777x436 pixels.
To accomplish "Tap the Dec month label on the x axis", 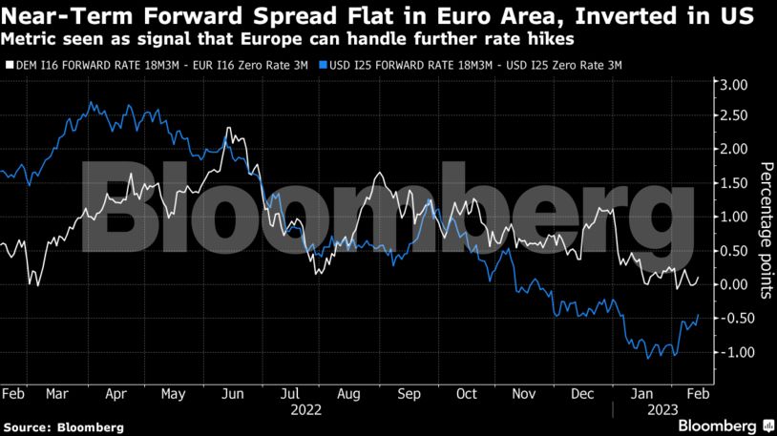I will click(582, 393).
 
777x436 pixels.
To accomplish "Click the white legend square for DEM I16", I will click(10, 65).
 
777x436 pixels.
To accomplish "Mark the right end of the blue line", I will click(699, 315).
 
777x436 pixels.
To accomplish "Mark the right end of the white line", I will click(699, 278).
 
